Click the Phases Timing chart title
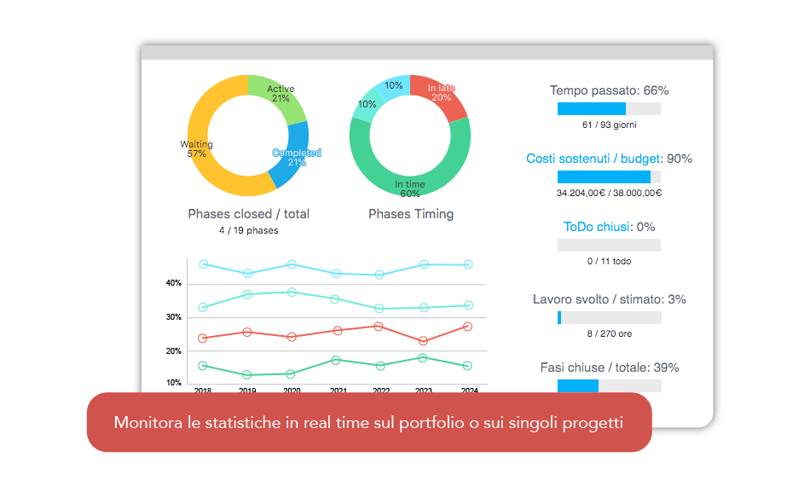[411, 214]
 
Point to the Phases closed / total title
[248, 214]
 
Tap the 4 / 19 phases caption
[248, 230]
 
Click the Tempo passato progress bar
[609, 109]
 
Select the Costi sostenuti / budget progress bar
[609, 176]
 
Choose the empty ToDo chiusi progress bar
[609, 245]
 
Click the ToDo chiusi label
[596, 227]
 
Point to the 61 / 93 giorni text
[609, 124]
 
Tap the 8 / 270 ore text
[609, 333]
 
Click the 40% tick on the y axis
[173, 283]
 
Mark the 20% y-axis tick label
[173, 351]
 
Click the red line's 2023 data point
[424, 341]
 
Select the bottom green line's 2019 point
[247, 375]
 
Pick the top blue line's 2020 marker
[292, 264]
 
